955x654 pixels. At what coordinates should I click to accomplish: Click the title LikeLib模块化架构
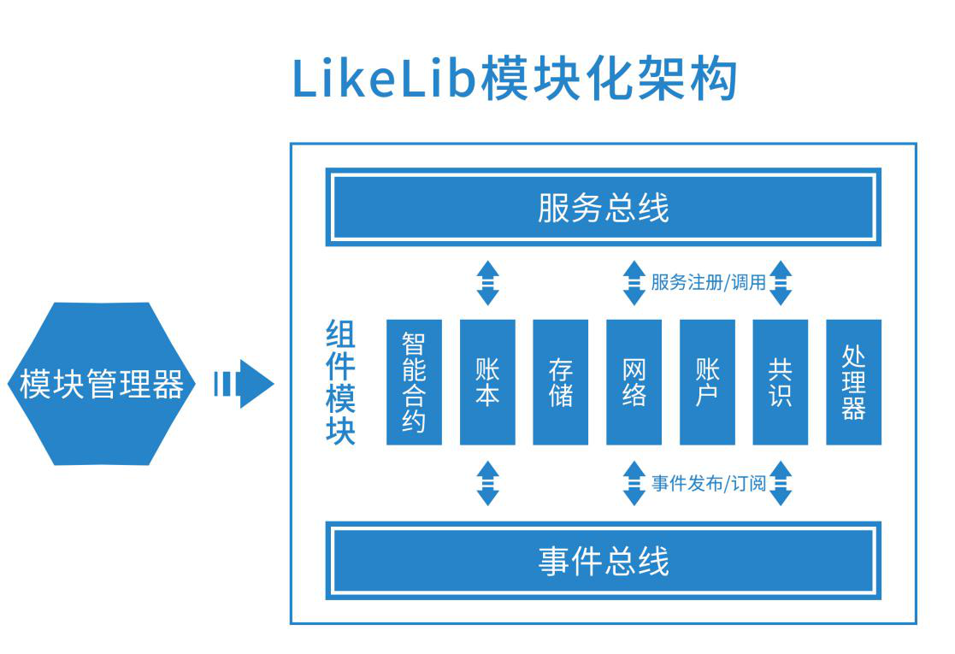[515, 80]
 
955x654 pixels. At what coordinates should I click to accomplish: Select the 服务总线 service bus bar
[603, 208]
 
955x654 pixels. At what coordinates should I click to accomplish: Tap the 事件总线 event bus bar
[603, 561]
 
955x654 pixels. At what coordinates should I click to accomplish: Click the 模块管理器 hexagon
[102, 384]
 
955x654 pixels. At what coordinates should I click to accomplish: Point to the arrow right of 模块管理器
[244, 384]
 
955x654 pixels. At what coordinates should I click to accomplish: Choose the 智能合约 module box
[414, 382]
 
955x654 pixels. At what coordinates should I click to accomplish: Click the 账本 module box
[487, 382]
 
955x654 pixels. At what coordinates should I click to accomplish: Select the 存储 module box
[561, 382]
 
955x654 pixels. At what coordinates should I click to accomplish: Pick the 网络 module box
[634, 382]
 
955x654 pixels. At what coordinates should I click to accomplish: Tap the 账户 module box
[707, 382]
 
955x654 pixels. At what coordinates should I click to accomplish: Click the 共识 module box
[781, 382]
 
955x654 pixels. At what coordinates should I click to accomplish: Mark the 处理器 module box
[853, 382]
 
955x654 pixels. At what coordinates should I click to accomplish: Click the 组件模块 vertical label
[340, 382]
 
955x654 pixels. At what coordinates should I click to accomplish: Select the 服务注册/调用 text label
[708, 282]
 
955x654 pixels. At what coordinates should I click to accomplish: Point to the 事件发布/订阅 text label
[708, 483]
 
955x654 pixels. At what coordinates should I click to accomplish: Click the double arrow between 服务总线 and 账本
[487, 283]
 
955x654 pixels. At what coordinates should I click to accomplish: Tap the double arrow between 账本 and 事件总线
[487, 483]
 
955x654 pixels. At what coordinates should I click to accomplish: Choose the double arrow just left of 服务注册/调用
[634, 283]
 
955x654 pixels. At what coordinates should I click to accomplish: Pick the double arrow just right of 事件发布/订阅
[781, 483]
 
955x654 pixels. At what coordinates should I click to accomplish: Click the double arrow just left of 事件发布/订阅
[634, 483]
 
